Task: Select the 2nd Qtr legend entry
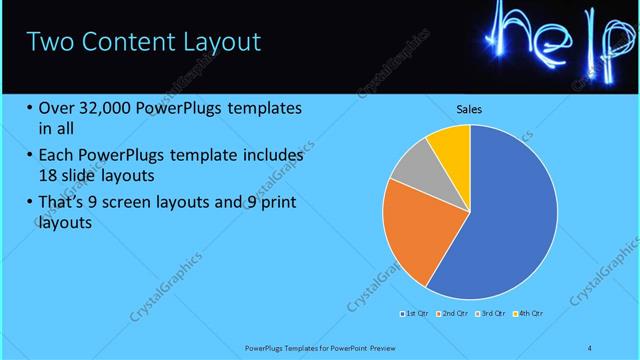point(455,314)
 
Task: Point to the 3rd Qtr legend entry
point(492,314)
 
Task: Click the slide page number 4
point(590,347)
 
